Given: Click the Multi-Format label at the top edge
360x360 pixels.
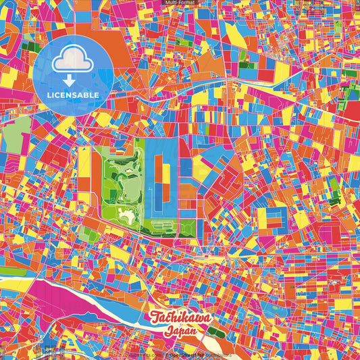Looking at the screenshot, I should click(x=180, y=3).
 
